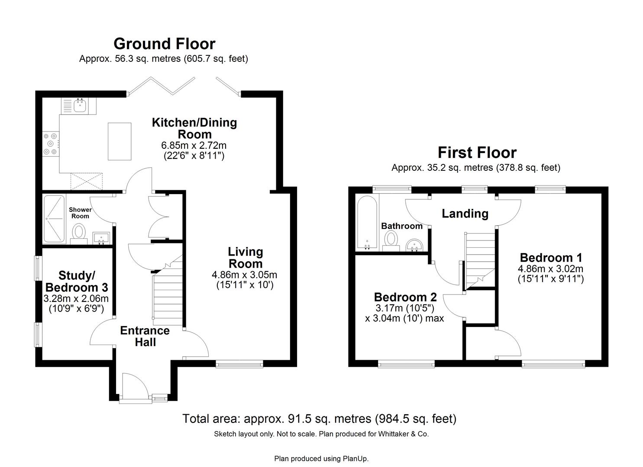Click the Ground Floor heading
point(164,44)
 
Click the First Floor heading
point(477,153)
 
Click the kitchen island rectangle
point(120,141)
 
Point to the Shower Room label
point(80,213)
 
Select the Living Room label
point(246,258)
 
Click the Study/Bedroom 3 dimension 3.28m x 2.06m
point(76,298)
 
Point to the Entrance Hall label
point(145,336)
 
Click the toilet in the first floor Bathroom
point(391,239)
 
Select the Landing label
point(465,213)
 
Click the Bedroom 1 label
point(551,258)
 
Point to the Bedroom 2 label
point(405,297)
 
